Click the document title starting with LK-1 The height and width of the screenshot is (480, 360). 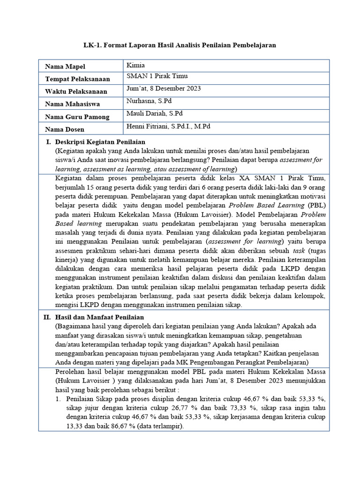180,45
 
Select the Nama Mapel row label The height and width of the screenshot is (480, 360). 65,67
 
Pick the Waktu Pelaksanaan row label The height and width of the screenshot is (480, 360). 75,91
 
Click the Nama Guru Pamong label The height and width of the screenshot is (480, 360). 77,116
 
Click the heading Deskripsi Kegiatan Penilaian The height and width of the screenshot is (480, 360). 100,142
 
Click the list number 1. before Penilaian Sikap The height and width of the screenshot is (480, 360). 58,399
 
